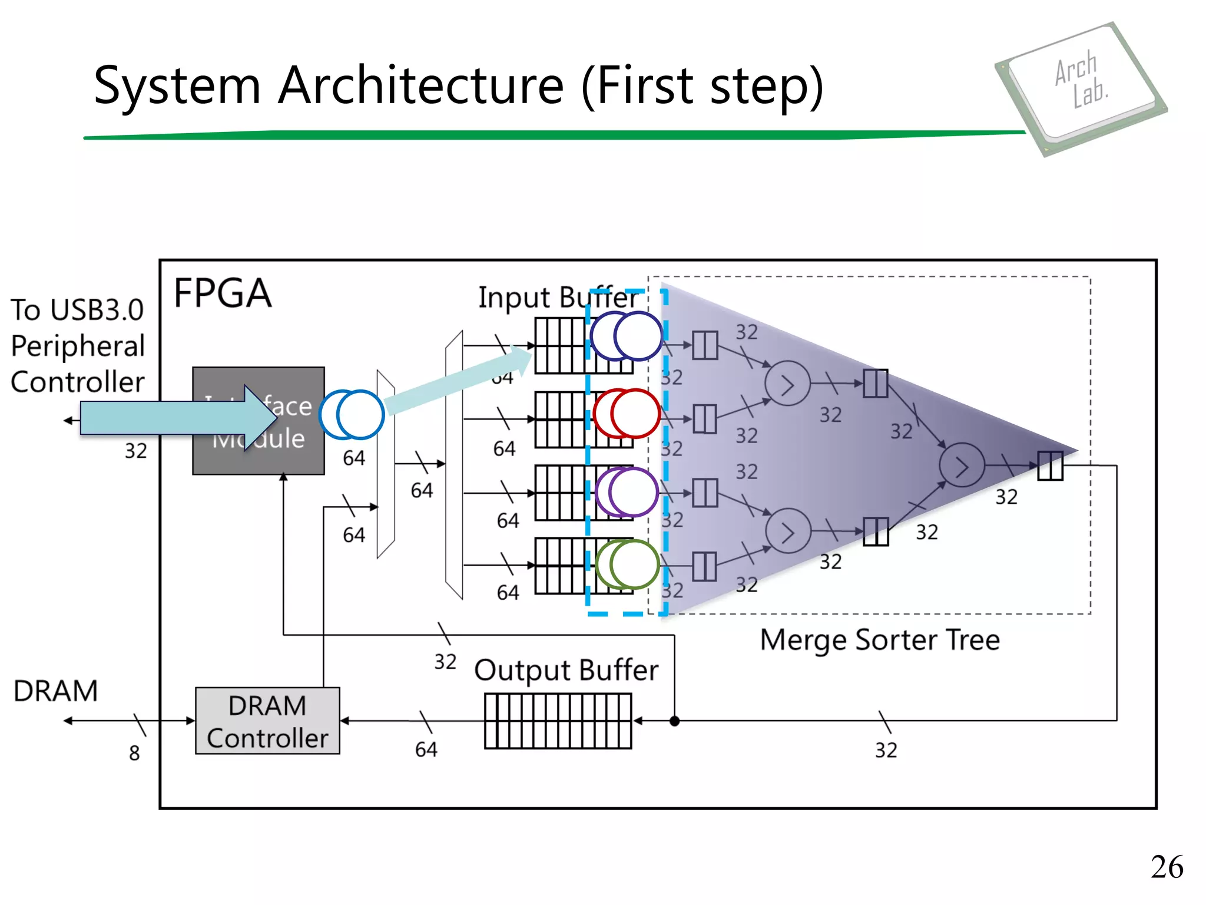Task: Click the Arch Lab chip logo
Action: coord(1081,88)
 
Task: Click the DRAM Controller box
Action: coord(267,721)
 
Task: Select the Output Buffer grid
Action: coord(558,721)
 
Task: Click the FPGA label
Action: coord(223,293)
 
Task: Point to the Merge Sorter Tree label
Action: coord(880,640)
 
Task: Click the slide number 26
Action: coord(1167,867)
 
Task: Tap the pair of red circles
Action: coord(627,414)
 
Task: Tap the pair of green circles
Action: coord(627,564)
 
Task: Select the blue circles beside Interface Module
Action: coord(352,415)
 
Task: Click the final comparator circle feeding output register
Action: coord(962,465)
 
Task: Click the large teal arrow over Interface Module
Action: coord(177,418)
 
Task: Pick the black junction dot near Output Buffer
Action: coord(675,721)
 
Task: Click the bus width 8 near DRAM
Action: coord(134,753)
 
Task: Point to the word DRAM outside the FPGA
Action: coord(55,691)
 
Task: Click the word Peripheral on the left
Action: coord(78,346)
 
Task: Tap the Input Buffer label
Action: coord(557,297)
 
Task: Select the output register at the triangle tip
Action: coord(1050,466)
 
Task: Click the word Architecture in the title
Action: coord(421,86)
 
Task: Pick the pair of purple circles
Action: coord(627,492)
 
